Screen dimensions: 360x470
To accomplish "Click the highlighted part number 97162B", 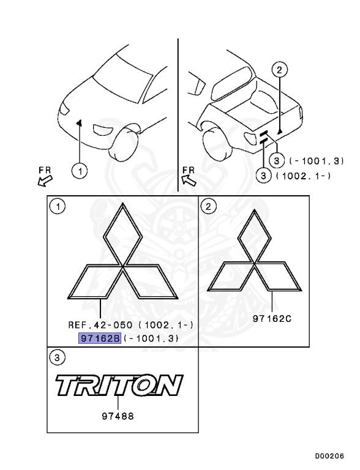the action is pos(100,338).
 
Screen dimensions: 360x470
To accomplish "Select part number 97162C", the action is pos(272,318).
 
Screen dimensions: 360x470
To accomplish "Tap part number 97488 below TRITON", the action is pos(118,416).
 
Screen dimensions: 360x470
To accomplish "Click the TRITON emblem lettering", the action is pos(119,385).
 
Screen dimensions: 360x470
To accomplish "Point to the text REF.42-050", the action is pos(100,325).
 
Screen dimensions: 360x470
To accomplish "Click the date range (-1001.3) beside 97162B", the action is pos(151,338).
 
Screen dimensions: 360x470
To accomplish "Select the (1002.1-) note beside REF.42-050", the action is pos(166,325).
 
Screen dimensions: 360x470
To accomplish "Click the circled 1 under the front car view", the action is pos(80,171).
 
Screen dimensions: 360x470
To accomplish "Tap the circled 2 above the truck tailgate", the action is pos(279,70).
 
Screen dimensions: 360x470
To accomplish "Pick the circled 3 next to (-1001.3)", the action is pos(277,161).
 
